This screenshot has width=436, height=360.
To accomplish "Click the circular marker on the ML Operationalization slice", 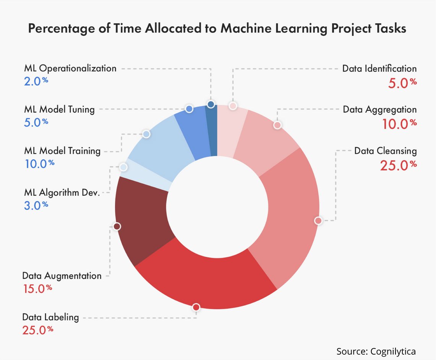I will click(210, 104).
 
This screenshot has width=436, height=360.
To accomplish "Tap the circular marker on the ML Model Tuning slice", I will click(189, 109).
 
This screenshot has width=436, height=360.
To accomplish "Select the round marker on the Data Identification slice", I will click(233, 106).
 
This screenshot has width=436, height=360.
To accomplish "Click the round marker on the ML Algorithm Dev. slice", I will click(123, 167).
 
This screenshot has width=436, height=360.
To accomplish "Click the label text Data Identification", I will click(379, 69).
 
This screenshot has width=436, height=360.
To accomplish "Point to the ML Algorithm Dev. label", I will click(62, 192).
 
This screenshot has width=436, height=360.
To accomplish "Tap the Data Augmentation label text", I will click(62, 276).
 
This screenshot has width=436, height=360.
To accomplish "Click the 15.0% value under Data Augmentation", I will click(37, 289).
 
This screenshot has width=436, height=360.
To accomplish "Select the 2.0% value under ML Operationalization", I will click(36, 81).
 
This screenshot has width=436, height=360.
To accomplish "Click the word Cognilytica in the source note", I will click(393, 351).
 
